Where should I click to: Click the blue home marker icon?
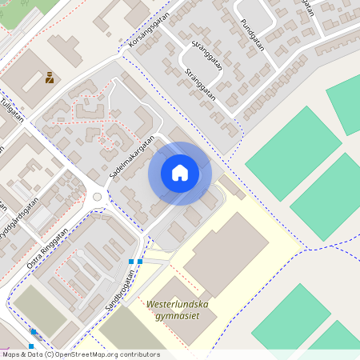[x=180, y=173]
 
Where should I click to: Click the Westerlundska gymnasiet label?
[x=178, y=309]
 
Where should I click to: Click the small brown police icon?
[x=50, y=78]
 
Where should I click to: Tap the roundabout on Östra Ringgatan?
[x=98, y=196]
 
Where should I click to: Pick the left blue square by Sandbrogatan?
[x=131, y=261]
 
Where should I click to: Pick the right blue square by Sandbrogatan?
[x=140, y=261]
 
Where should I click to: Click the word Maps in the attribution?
[x=11, y=354]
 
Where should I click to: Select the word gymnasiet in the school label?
[x=178, y=315]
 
